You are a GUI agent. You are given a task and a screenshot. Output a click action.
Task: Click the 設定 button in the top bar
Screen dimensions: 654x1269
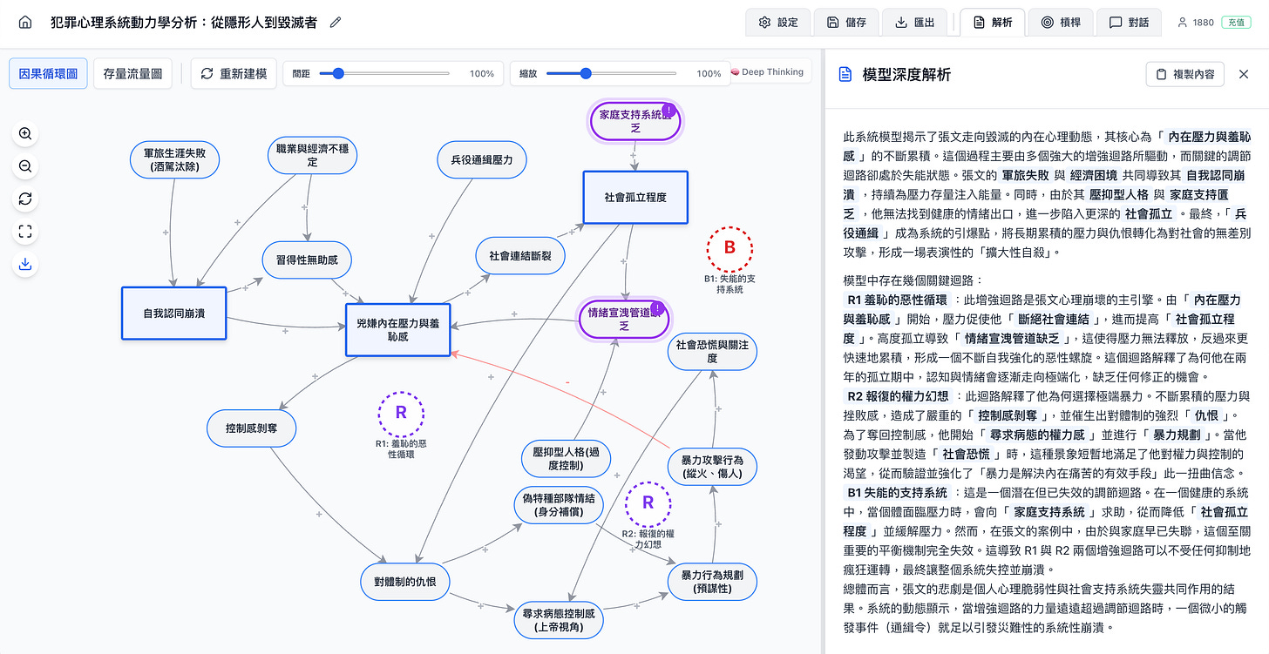tap(778, 23)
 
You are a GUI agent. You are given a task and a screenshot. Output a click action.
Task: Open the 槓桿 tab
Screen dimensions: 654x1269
tap(1059, 23)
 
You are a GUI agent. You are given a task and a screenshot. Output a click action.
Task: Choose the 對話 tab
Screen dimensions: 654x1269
tap(1129, 23)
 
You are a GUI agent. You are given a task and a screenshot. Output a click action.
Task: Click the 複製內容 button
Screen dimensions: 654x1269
tap(1184, 74)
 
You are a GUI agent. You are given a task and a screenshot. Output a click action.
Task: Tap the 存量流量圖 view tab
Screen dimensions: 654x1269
tap(133, 73)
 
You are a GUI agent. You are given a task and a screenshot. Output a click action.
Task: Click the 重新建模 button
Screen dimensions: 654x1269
tap(234, 73)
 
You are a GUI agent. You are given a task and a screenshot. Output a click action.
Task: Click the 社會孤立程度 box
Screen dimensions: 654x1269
tap(635, 198)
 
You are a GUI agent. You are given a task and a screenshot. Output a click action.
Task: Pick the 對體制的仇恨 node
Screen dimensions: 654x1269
tap(405, 581)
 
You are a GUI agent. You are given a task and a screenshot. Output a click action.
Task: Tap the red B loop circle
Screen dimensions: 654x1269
tap(730, 247)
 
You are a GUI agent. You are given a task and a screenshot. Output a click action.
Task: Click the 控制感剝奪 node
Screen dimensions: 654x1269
tap(253, 428)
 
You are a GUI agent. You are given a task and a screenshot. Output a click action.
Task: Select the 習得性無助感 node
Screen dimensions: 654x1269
tap(307, 259)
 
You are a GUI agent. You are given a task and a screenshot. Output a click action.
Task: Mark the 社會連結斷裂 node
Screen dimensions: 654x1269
tap(520, 256)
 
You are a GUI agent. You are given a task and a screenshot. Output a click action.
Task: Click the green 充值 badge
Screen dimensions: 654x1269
tap(1235, 23)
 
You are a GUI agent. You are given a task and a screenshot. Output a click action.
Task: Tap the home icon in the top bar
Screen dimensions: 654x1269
tap(25, 23)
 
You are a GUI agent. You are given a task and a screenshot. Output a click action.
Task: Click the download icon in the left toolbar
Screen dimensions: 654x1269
tap(25, 264)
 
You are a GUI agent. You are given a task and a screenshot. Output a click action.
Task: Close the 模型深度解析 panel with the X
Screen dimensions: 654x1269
tap(1244, 74)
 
